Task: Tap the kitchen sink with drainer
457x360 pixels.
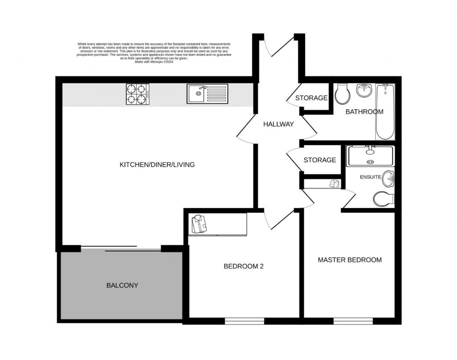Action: click(207, 94)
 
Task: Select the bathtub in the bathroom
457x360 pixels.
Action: click(385, 112)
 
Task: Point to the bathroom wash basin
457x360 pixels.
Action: click(365, 91)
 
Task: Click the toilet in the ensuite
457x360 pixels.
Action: click(383, 199)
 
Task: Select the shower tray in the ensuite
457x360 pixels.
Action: click(370, 156)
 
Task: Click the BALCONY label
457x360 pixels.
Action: click(122, 286)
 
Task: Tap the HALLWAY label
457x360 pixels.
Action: click(278, 124)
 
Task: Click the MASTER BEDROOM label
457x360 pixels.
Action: click(349, 260)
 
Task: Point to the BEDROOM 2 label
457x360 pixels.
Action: click(244, 267)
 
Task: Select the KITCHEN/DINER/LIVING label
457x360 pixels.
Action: click(157, 165)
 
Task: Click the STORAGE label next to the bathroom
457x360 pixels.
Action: click(311, 98)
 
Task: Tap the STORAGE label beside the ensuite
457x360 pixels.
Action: click(320, 160)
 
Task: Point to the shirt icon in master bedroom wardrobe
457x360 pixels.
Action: click(335, 183)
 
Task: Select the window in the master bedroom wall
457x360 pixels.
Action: click(353, 320)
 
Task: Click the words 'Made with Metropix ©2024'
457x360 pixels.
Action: click(154, 62)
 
